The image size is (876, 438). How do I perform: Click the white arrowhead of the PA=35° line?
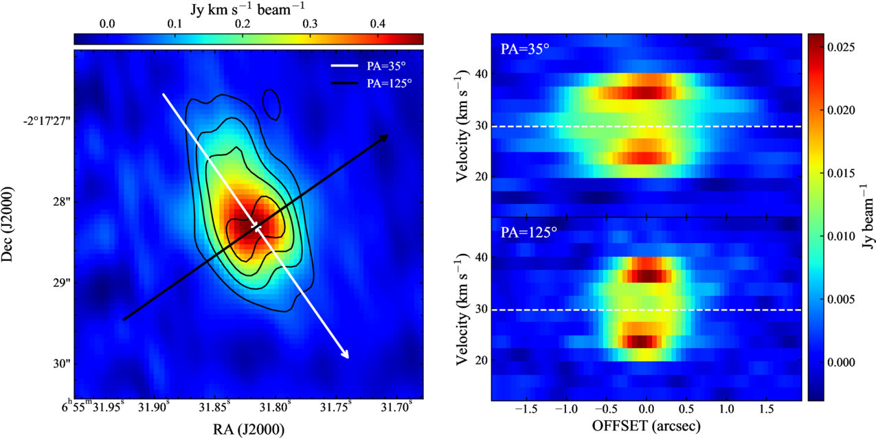point(345,354)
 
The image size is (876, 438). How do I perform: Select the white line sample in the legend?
point(344,66)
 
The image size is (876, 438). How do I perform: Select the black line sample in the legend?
point(344,83)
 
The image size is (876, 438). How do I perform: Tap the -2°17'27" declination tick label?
point(47,120)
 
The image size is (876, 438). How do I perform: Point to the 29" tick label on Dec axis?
point(61,282)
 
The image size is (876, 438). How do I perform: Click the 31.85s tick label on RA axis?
point(214,406)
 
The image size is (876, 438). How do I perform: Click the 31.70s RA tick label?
point(396,406)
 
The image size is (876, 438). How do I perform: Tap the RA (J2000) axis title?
point(249,429)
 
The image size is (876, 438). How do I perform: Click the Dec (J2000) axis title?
point(7,224)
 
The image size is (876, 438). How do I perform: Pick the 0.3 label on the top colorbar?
point(310,24)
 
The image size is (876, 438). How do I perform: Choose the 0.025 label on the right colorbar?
point(841,47)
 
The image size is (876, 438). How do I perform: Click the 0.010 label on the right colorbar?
point(841,236)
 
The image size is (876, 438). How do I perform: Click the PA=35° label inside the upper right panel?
point(525,49)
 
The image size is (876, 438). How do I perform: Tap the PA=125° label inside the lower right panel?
point(529,232)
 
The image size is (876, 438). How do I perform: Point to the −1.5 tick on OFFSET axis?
point(526,408)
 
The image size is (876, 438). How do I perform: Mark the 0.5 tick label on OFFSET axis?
point(687,408)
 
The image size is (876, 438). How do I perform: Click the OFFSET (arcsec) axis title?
point(647,426)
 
